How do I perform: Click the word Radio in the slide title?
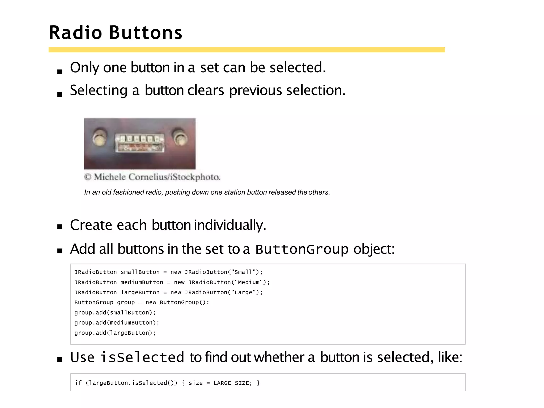(x=75, y=33)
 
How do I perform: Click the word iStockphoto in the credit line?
(x=195, y=177)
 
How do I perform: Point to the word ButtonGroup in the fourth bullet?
(x=302, y=249)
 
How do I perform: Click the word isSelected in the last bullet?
(x=142, y=357)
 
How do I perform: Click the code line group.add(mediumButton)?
(x=117, y=322)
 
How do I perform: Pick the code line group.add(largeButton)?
(x=115, y=333)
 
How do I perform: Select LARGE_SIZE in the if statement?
(x=231, y=383)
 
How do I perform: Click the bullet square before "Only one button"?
(x=60, y=71)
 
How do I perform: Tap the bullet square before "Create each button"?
(x=60, y=227)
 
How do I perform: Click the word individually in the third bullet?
(x=230, y=225)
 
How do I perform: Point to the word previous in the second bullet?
(x=255, y=91)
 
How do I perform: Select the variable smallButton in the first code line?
(x=140, y=272)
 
